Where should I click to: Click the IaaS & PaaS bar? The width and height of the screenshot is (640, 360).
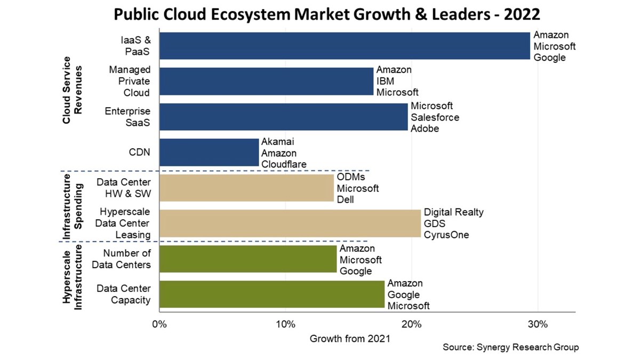click(x=345, y=46)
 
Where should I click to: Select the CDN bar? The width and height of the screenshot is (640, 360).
click(x=209, y=153)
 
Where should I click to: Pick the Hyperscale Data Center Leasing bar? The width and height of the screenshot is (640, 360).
click(x=290, y=223)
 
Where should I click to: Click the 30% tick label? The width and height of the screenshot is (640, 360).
click(x=538, y=324)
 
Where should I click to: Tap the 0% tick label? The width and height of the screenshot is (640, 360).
click(x=159, y=324)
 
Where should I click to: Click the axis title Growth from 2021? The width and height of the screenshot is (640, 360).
click(x=349, y=338)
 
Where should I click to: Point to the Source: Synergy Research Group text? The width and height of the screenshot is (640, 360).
click(x=510, y=347)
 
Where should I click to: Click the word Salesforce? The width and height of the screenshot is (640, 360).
click(x=435, y=117)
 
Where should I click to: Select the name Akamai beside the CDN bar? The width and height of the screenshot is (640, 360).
click(x=277, y=142)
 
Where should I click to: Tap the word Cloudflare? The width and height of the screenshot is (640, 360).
click(x=284, y=164)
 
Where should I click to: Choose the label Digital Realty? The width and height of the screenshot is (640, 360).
click(x=453, y=212)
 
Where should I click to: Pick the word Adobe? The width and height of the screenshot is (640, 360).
click(x=425, y=128)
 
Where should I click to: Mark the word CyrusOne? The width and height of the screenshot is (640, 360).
click(x=446, y=234)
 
